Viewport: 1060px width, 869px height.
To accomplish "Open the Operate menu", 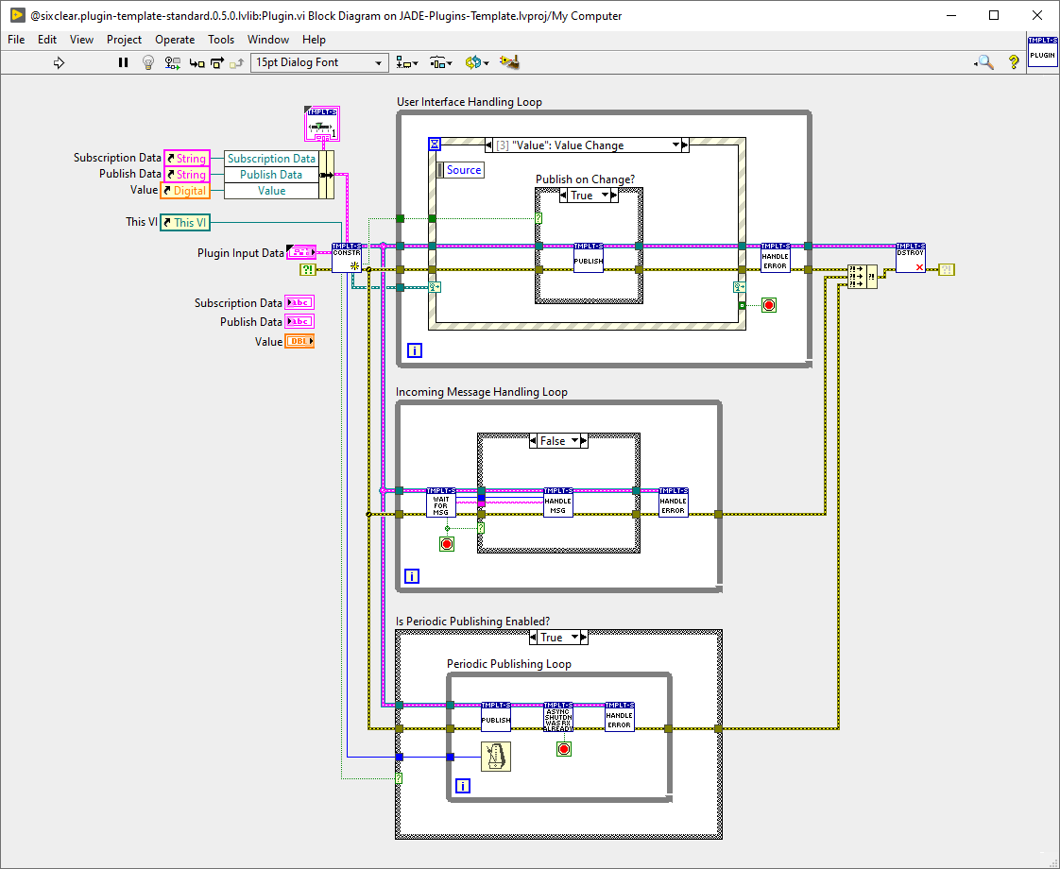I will (175, 40).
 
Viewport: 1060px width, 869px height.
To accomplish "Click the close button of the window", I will (1037, 15).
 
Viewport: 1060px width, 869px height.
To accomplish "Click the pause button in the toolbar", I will (123, 62).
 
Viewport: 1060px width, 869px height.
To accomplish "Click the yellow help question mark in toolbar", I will (1014, 62).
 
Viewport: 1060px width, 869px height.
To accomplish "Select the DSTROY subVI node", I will (911, 258).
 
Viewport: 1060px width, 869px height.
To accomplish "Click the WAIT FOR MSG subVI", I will (441, 503).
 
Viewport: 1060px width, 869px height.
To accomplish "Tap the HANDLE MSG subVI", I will (558, 503).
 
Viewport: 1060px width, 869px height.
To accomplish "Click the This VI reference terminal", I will (185, 222).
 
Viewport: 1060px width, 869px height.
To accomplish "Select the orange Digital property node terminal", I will (185, 191).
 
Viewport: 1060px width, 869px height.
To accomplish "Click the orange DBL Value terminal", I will (299, 341).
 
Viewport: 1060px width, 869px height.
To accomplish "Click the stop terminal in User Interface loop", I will (768, 305).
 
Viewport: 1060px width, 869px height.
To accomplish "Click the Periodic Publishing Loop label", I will (508, 664).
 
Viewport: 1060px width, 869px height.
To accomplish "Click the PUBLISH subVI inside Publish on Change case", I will (588, 258).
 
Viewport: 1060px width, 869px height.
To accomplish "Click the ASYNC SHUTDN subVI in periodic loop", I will (558, 718).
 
